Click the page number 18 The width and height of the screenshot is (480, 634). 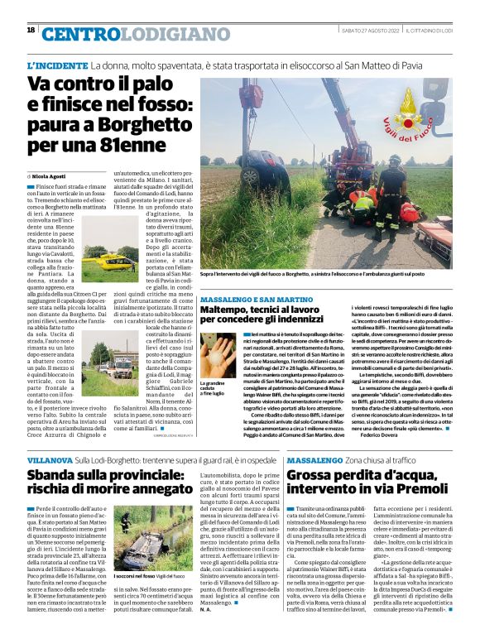coord(31,30)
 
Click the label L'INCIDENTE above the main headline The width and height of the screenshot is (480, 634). coord(57,65)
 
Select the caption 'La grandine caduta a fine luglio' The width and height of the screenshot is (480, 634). coord(214,388)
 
